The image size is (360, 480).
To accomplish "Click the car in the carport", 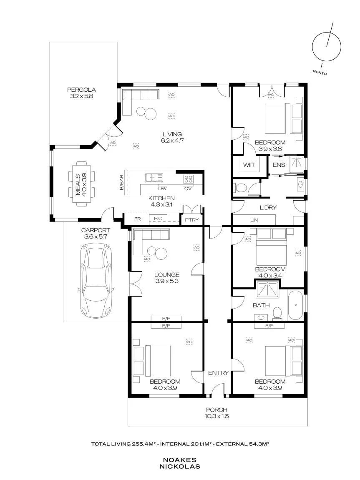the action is click(96, 281).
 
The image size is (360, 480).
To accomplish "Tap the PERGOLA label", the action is click(81, 90).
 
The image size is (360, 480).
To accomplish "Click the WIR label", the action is click(249, 165).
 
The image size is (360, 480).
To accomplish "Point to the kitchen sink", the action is click(154, 177).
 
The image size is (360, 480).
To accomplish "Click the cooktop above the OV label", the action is click(188, 178).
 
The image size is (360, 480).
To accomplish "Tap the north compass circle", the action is click(326, 47).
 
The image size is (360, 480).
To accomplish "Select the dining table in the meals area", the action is click(81, 183).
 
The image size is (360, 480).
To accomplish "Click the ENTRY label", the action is click(218, 373).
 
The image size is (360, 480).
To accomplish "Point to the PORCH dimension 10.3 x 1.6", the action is click(217, 416).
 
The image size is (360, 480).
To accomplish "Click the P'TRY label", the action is click(191, 220).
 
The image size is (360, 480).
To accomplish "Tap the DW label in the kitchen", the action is click(162, 188).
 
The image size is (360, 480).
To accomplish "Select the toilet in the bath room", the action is click(277, 313).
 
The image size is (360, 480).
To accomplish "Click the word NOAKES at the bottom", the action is click(180, 460).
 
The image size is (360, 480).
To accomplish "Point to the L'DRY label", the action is click(268, 208).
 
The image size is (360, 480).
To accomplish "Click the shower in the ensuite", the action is click(296, 166).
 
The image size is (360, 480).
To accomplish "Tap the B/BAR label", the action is click(121, 183).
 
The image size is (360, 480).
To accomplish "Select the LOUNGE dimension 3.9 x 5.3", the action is click(167, 281).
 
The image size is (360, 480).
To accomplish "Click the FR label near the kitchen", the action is click(137, 219).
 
